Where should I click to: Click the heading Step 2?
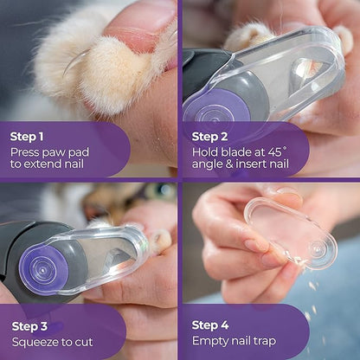(x=211, y=136)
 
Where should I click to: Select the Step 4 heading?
(x=211, y=325)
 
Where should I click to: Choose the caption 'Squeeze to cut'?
(x=54, y=341)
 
